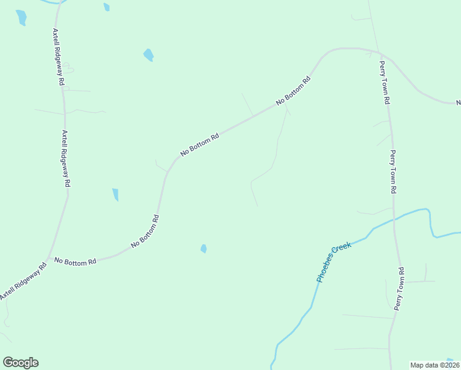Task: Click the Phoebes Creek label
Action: coord(333,262)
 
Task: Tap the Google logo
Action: coord(20,363)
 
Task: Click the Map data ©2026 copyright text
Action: coord(434,364)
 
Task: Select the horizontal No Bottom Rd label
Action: coord(75,261)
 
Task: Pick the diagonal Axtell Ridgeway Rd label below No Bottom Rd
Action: coord(23,283)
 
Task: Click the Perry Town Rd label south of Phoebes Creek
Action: coord(399,288)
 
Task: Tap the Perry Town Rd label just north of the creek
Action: coord(393,172)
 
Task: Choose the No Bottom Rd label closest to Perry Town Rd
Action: coord(293,91)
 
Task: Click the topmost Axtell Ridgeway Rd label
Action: coord(59,57)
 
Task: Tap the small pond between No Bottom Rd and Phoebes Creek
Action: coord(203,249)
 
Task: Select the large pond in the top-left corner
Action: coord(22,17)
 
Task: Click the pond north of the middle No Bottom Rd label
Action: coord(149,55)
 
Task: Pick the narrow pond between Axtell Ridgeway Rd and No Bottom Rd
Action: coord(115,195)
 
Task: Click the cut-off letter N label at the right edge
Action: coord(458,102)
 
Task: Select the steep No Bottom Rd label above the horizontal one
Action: coord(145,232)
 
